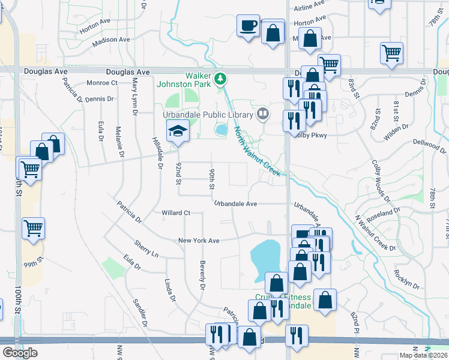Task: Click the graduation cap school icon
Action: point(178,130)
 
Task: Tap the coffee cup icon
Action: point(248,26)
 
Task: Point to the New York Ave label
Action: point(199,241)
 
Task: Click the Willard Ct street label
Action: point(176,213)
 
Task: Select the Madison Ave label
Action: point(112,41)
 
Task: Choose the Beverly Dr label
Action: point(202,280)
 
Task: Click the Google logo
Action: point(20,353)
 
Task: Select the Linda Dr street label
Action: point(170,290)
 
